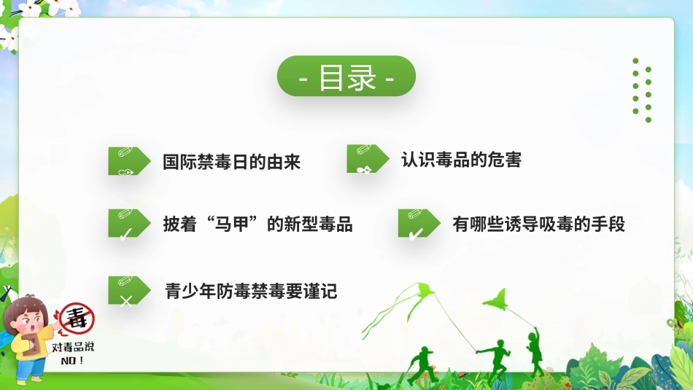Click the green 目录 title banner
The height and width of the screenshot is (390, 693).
[x=346, y=77]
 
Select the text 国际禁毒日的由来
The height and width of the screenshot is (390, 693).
[x=231, y=161]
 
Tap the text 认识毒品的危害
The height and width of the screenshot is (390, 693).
[x=461, y=160]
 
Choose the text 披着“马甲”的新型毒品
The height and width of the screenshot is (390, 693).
[x=258, y=224]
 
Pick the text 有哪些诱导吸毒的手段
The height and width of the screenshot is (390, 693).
[x=538, y=224]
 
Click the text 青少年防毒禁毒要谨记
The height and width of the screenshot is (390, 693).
[x=251, y=292]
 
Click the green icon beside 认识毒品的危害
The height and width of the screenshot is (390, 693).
[x=363, y=159]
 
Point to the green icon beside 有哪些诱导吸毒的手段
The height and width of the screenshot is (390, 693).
[x=414, y=224]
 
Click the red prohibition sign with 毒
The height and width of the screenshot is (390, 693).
[x=77, y=319]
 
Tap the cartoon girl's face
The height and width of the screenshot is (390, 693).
[x=31, y=321]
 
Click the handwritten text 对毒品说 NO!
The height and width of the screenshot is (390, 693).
[x=72, y=353]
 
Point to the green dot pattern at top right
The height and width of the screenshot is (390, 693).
[x=641, y=90]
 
